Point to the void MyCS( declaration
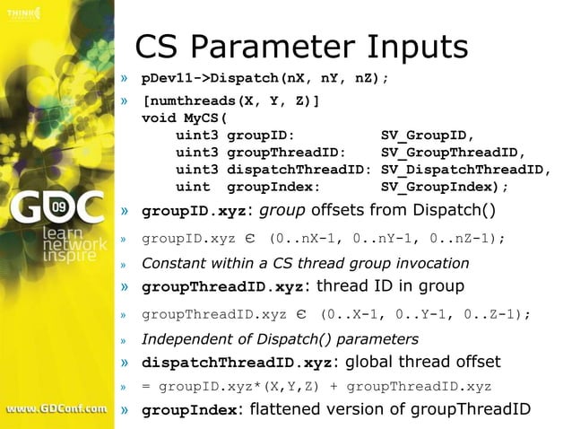pyautogui.click(x=186, y=118)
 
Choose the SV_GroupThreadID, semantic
pyautogui.click(x=453, y=152)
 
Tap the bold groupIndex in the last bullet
pyautogui.click(x=189, y=410)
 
